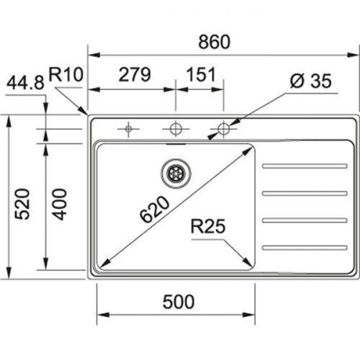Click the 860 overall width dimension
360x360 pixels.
[215, 42]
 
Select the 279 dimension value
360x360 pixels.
[134, 74]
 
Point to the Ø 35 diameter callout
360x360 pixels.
[310, 81]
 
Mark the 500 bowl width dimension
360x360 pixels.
[178, 302]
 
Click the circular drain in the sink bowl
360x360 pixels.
[174, 171]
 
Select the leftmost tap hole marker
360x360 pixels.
[128, 129]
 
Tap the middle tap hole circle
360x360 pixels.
[174, 129]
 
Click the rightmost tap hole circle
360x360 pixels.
[223, 129]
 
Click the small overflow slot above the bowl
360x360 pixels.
[174, 143]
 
